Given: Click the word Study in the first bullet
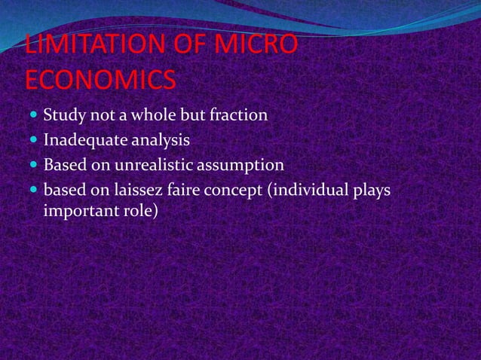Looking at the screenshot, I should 63,116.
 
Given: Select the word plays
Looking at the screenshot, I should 372,190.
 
